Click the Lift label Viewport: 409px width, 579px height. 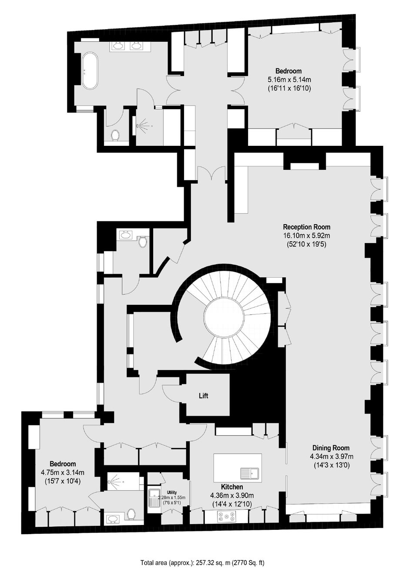(x=203, y=396)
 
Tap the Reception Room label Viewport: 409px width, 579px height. (x=307, y=227)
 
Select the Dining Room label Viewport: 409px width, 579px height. (x=331, y=448)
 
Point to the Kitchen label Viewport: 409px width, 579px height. (x=232, y=487)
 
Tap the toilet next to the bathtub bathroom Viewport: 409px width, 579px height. (x=115, y=135)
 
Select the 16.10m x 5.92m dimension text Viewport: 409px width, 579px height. (x=307, y=236)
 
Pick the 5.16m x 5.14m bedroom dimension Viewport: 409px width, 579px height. (x=288, y=79)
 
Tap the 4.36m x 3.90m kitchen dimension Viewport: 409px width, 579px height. (x=232, y=495)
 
